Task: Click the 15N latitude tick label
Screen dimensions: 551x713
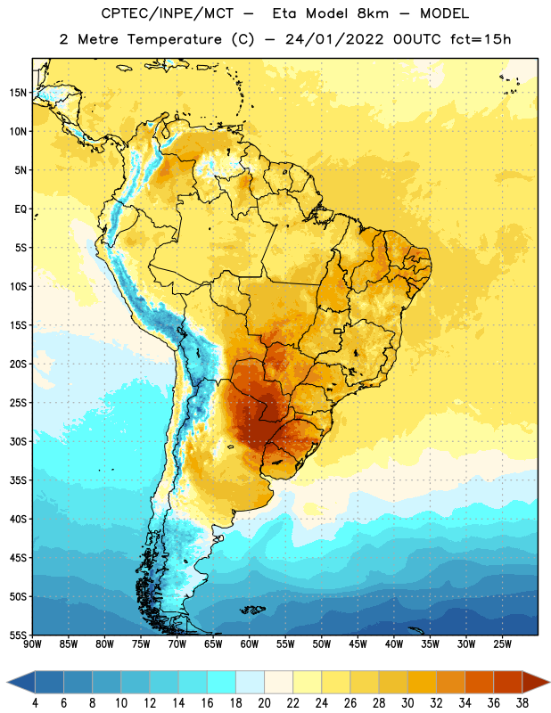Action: (x=18, y=93)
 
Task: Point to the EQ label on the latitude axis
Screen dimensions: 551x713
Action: (x=21, y=209)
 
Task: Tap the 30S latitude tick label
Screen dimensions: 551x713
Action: (x=18, y=441)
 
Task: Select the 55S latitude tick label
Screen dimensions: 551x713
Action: (x=18, y=635)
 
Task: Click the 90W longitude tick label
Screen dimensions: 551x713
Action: (x=32, y=644)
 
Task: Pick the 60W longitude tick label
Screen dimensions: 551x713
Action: (x=250, y=644)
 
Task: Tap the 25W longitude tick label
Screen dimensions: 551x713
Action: (x=502, y=644)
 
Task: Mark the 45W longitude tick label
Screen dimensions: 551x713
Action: (x=358, y=644)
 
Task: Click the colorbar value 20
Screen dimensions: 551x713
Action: (x=264, y=703)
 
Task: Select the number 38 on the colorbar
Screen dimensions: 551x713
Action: (x=522, y=703)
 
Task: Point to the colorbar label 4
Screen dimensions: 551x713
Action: (x=35, y=703)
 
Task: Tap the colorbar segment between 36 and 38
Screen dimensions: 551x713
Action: (x=508, y=682)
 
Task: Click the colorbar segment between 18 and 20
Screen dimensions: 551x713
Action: (x=250, y=682)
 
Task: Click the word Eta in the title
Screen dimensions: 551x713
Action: (x=285, y=13)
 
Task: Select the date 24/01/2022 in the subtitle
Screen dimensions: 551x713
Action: (x=334, y=39)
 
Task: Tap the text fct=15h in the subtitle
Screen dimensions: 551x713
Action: (x=481, y=39)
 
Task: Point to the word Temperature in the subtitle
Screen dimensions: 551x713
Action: (x=174, y=39)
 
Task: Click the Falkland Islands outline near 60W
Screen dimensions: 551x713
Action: (x=252, y=610)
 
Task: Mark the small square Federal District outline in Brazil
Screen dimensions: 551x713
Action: (x=338, y=331)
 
